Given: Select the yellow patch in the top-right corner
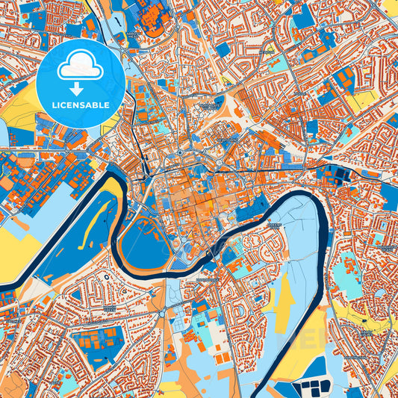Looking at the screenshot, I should click(x=390, y=7).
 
